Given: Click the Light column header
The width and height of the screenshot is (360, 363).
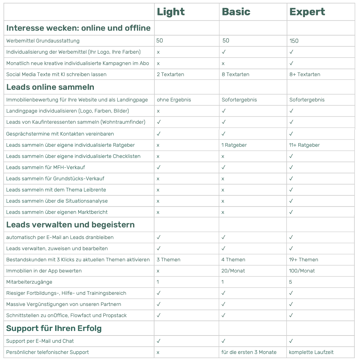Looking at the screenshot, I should click(x=171, y=12).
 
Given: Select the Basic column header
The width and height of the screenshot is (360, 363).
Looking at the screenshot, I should click(x=236, y=12).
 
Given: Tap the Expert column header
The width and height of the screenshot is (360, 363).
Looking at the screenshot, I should click(x=307, y=12).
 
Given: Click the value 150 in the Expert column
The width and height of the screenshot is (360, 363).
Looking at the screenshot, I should click(x=294, y=41).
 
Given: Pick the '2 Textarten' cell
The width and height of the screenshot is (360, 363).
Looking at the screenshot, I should click(x=170, y=74).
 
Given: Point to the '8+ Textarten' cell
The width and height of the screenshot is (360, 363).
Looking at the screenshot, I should click(x=305, y=74).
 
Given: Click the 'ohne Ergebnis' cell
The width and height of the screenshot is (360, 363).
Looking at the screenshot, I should click(x=174, y=100).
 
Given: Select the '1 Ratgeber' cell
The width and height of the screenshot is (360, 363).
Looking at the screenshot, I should click(x=234, y=145).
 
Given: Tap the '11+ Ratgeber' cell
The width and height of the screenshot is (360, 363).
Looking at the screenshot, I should click(x=304, y=145).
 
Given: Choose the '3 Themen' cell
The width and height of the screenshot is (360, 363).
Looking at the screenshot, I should click(x=168, y=260).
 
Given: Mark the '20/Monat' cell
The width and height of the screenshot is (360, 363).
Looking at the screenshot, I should click(x=233, y=271).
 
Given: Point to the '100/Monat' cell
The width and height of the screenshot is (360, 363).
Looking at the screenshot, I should click(x=302, y=271).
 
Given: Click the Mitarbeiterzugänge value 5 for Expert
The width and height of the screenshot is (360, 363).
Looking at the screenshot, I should click(x=291, y=282).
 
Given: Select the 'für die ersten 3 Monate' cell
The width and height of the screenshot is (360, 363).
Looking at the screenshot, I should click(x=249, y=352).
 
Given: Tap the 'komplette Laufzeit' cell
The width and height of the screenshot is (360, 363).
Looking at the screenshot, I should click(x=311, y=352).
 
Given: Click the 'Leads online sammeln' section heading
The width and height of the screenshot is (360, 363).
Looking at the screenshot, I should click(x=50, y=87).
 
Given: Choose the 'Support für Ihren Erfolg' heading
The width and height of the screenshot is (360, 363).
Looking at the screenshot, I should click(x=54, y=328).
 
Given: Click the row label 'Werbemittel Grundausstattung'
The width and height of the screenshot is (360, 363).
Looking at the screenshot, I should click(x=43, y=41).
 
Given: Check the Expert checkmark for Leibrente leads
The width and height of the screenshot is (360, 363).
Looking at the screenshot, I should click(x=291, y=190).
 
